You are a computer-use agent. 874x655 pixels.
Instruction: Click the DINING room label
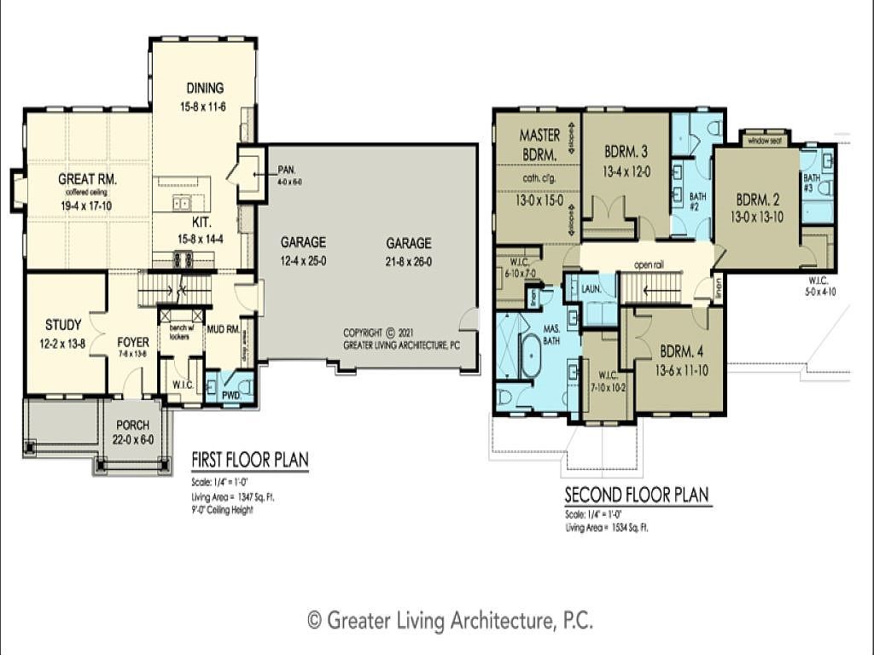point(202,88)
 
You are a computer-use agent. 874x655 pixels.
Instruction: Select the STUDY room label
point(63,325)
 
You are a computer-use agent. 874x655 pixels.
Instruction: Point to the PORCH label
point(132,425)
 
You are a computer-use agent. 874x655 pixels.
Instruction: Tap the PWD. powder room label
point(230,396)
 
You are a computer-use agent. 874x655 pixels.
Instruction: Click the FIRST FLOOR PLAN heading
point(249,461)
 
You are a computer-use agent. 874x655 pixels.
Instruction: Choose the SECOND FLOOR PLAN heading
point(636,495)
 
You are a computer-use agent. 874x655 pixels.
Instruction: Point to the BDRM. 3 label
point(626,152)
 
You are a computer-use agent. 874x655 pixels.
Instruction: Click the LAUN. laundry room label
point(592,290)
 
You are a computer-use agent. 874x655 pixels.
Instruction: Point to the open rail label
point(648,265)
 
